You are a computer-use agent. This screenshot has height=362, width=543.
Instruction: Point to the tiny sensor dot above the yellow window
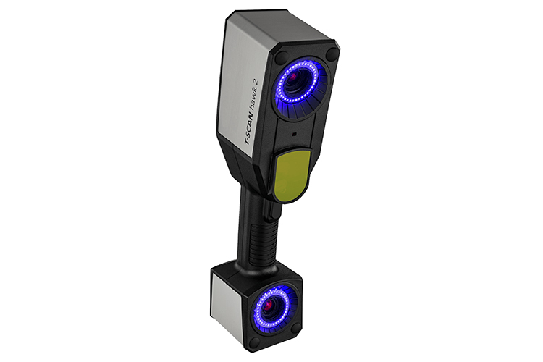coord(295,133)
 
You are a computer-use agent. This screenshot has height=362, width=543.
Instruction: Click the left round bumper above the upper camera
coord(282,56)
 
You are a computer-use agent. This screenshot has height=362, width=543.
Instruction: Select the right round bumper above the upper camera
coord(332,54)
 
